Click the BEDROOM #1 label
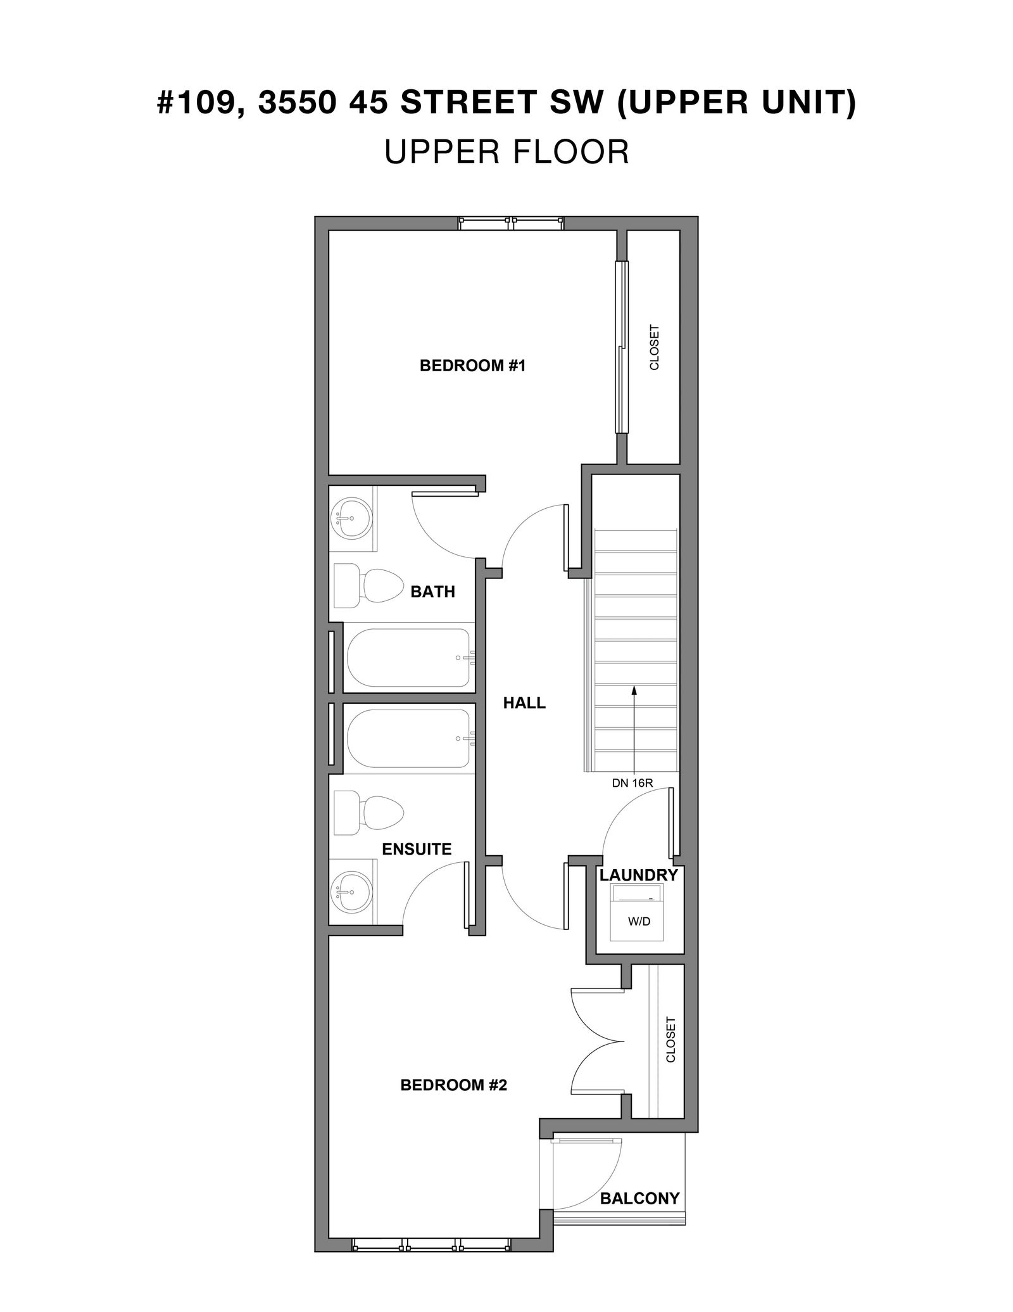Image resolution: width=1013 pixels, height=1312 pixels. point(473,366)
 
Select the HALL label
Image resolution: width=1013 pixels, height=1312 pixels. point(524,703)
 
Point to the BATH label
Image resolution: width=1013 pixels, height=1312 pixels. point(433,592)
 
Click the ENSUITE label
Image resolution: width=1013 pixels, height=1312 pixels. point(417,849)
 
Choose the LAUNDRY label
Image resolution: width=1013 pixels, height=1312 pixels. point(639,875)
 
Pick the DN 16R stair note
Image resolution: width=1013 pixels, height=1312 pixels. point(632,783)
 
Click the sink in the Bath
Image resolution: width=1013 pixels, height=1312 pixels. point(352,518)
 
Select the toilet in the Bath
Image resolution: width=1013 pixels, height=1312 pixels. point(368,583)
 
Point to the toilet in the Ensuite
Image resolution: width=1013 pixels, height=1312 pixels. point(368,813)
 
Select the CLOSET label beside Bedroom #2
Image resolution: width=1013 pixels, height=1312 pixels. point(670,1057)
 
